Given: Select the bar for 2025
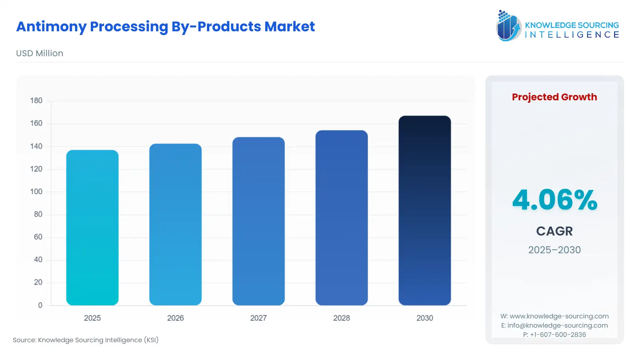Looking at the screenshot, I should (92, 228).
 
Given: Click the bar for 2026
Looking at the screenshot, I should (175, 224).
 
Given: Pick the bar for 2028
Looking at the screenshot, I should (341, 218).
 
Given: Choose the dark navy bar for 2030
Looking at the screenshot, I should (425, 211).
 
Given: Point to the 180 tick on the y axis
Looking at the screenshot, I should (36, 101).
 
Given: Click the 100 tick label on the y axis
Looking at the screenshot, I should (36, 192).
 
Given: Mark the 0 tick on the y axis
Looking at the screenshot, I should (40, 305).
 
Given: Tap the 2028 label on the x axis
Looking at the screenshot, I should (341, 318).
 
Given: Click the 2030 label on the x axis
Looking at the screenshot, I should (425, 318).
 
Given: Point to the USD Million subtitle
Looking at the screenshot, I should (39, 53).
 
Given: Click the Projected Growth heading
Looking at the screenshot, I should (554, 97).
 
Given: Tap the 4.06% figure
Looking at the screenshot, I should (554, 200).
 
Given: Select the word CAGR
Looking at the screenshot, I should (554, 231).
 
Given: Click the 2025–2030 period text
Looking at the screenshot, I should (554, 250).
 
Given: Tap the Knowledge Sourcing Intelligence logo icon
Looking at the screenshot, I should (508, 26).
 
